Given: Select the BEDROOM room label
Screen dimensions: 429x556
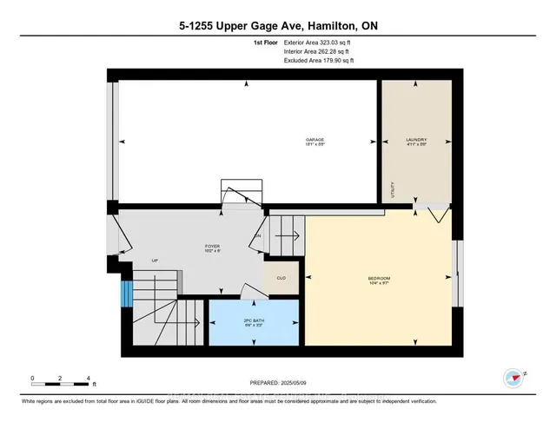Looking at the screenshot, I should (x=378, y=278).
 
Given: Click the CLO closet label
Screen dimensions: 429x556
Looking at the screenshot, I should (x=281, y=278).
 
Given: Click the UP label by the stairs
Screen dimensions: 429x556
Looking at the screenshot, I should (x=155, y=260).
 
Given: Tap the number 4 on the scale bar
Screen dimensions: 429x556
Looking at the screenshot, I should (x=89, y=378).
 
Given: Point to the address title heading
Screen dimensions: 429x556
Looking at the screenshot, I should (x=277, y=26).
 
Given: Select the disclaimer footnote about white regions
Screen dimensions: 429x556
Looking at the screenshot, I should (x=229, y=401).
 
